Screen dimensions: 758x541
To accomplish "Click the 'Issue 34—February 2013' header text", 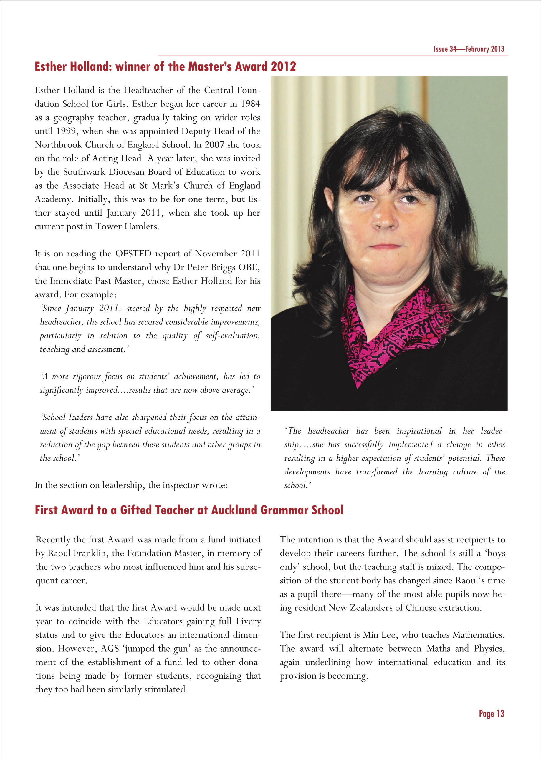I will pyautogui.click(x=469, y=49).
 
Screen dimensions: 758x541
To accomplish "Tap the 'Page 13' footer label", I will pyautogui.click(x=491, y=713).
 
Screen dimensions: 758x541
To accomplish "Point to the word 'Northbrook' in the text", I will pyautogui.click(x=58, y=145).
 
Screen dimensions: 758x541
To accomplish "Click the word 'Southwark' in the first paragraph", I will pyautogui.click(x=84, y=172).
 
